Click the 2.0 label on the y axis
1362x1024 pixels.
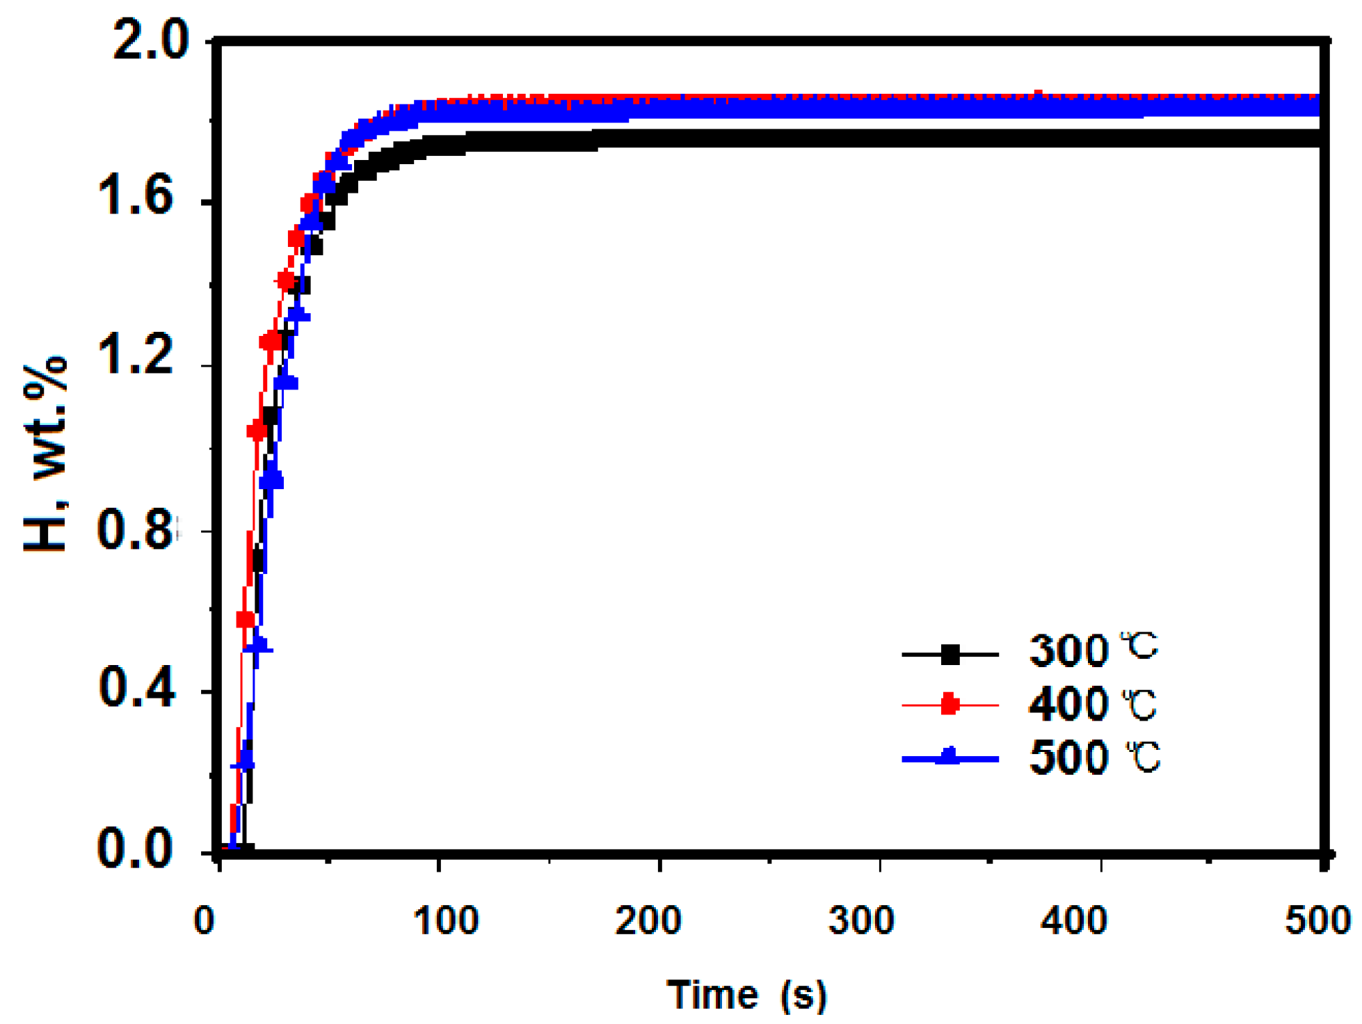tap(150, 40)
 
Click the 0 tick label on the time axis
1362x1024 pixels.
tap(205, 920)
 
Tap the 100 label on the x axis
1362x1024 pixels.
tap(446, 920)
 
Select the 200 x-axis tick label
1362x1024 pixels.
tap(648, 920)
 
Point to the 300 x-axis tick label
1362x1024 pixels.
tap(861, 920)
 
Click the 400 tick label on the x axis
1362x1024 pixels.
tap(1074, 920)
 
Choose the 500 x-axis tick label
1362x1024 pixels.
tap(1317, 920)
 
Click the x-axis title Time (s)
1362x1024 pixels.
tap(746, 994)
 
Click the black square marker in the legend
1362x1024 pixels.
tap(950, 655)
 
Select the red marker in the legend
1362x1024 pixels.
tap(950, 705)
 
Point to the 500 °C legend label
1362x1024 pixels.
tap(1095, 758)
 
